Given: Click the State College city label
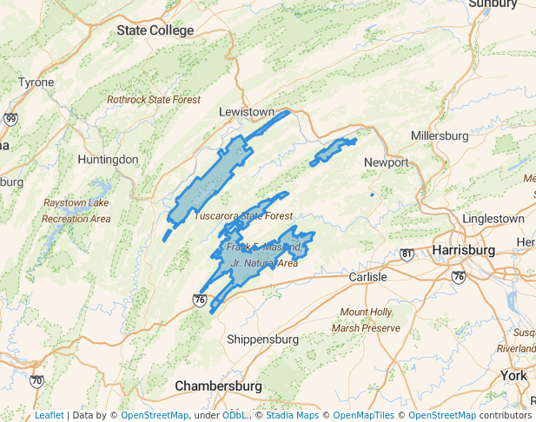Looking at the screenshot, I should pos(156,30).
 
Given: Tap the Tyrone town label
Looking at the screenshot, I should pos(36,82).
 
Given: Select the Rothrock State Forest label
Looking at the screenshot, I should pos(154,100).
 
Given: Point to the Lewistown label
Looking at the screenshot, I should pos(246,113).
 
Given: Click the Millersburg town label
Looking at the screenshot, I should pos(439,136).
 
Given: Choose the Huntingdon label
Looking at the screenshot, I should pos(108,160).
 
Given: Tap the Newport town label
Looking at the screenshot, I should pos(387,162).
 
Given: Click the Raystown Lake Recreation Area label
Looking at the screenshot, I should pos(77,211).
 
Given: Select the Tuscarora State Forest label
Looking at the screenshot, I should pos(244,215).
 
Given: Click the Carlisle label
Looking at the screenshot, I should pos(367,276).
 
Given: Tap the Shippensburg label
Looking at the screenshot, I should pos(262,339).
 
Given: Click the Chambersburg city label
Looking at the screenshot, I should pos(218,385).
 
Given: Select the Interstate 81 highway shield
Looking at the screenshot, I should pos(407,254).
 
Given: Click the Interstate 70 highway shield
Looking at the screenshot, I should pos(36,380).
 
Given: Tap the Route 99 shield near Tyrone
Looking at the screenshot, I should pos(10,119).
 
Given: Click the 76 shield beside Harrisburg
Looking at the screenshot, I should pos(458,277).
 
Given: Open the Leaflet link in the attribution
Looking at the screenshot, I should pos(50,415).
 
